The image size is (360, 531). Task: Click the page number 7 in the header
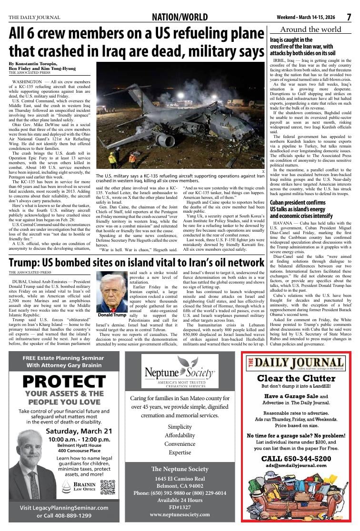coord(349,18)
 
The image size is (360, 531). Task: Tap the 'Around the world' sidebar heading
coord(311,29)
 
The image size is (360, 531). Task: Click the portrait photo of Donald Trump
coord(111,292)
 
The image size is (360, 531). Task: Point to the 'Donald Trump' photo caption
coord(111,315)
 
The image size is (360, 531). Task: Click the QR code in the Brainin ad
coord(108,487)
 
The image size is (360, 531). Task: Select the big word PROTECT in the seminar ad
coord(64,381)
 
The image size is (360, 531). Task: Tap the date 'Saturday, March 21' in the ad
coord(78,431)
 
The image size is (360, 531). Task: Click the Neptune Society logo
coord(180,371)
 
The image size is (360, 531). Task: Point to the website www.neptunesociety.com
coord(180,515)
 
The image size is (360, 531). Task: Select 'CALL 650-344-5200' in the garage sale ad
coord(296,458)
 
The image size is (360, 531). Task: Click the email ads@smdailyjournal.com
coord(296,466)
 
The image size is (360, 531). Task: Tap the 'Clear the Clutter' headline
coord(296,378)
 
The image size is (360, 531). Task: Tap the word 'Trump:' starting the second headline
coord(25,263)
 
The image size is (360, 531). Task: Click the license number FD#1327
coord(180,507)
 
